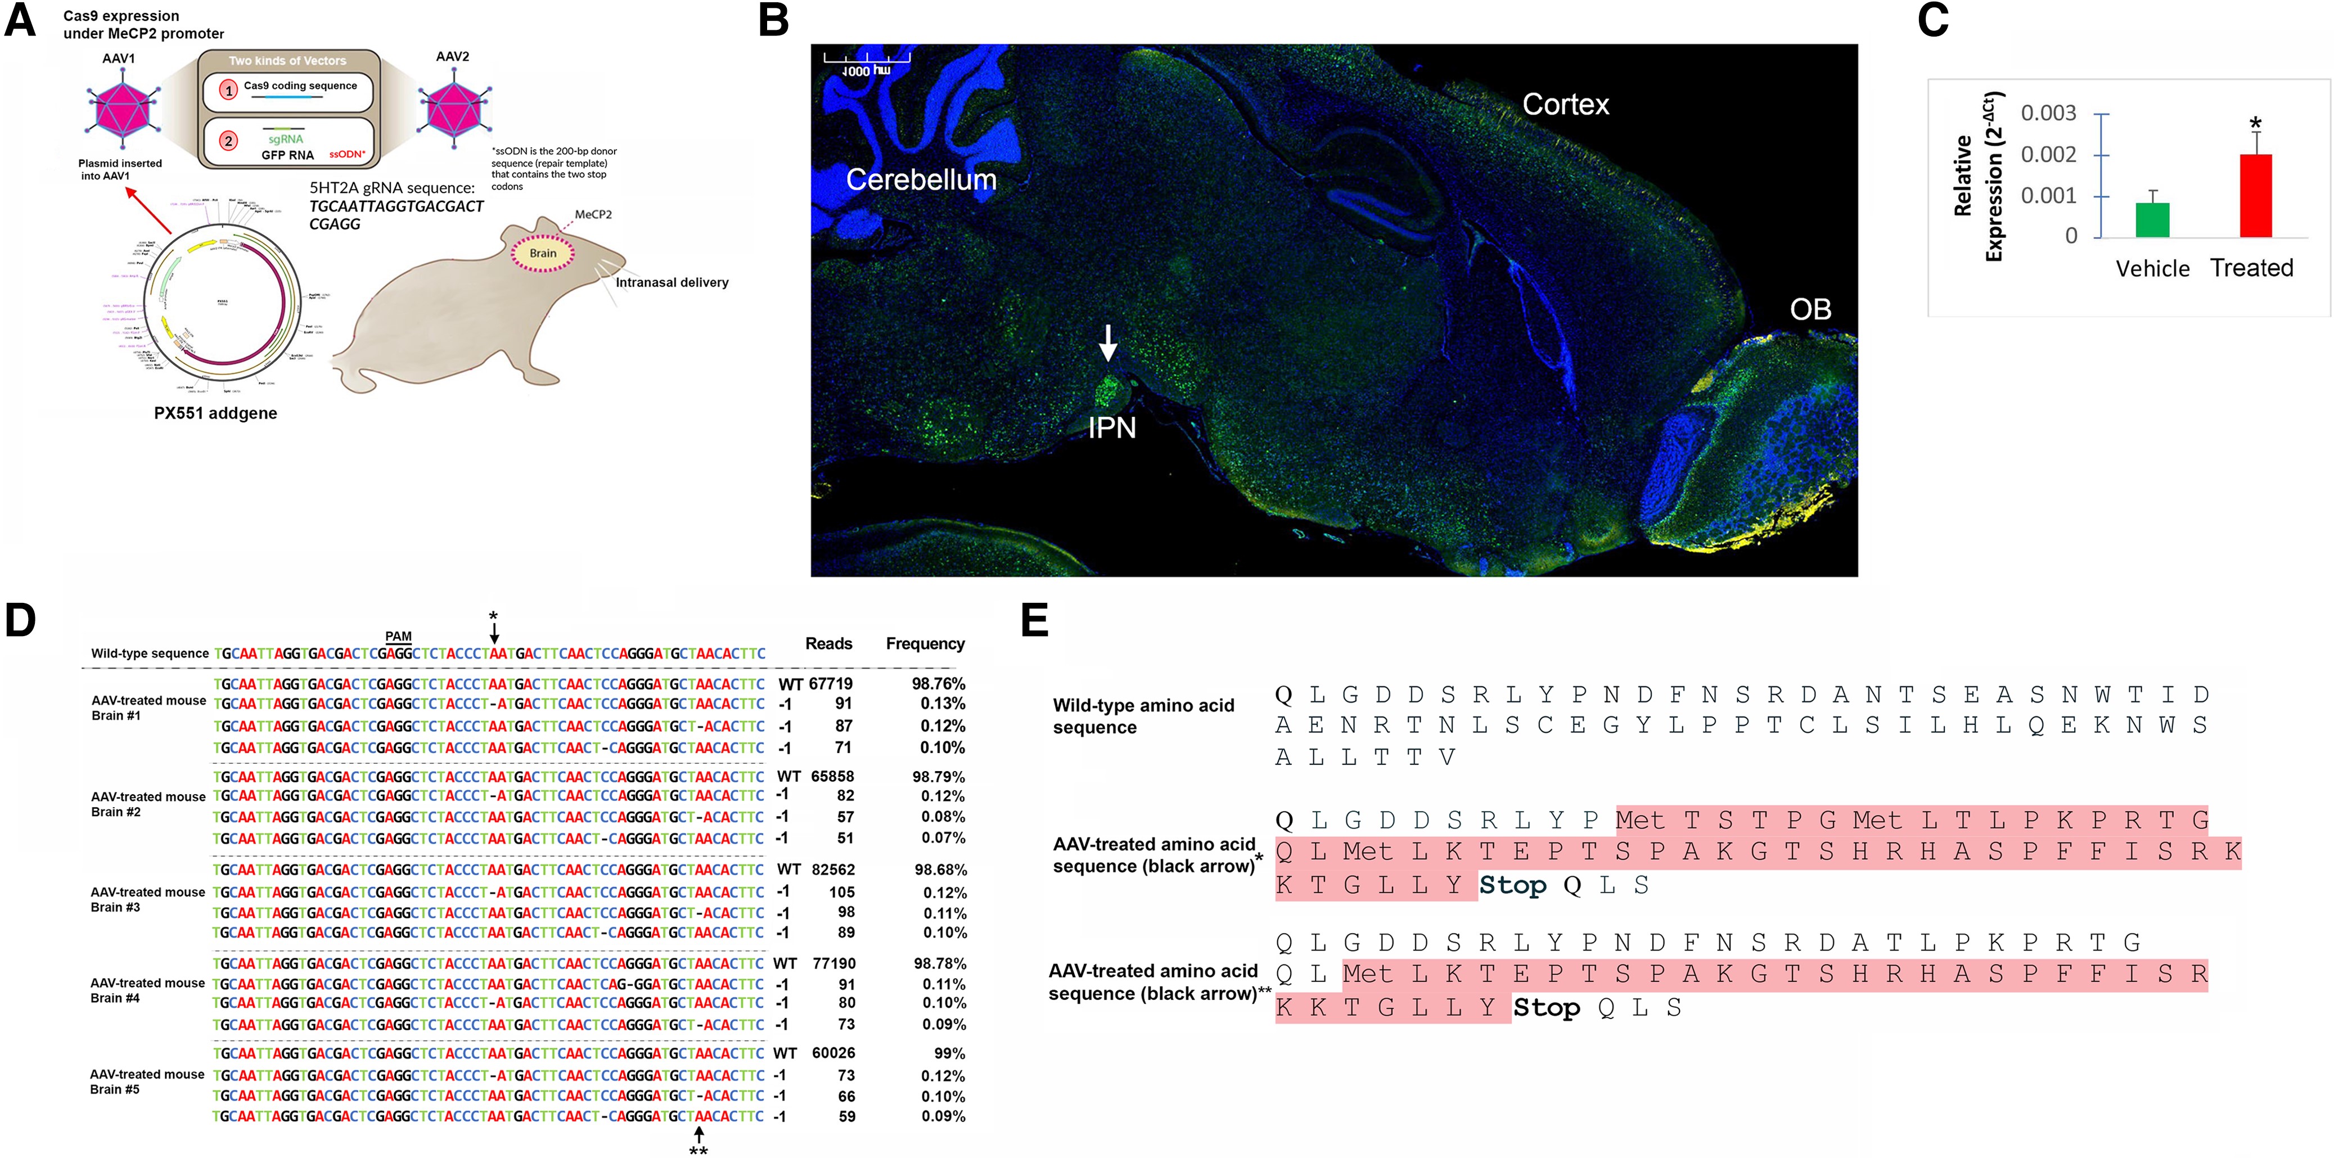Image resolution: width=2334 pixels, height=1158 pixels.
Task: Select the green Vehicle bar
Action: [2152, 220]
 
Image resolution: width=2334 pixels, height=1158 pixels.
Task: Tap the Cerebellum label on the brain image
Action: [921, 179]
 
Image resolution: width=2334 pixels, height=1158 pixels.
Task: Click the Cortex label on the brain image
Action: [1565, 104]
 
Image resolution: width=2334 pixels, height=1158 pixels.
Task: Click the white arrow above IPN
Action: [1107, 343]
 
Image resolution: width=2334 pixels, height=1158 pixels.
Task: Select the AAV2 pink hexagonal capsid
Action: [454, 108]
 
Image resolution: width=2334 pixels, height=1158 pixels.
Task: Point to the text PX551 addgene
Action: [215, 413]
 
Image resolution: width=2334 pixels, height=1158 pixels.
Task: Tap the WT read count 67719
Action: [831, 683]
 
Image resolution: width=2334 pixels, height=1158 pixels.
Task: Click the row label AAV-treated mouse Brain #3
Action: [148, 899]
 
